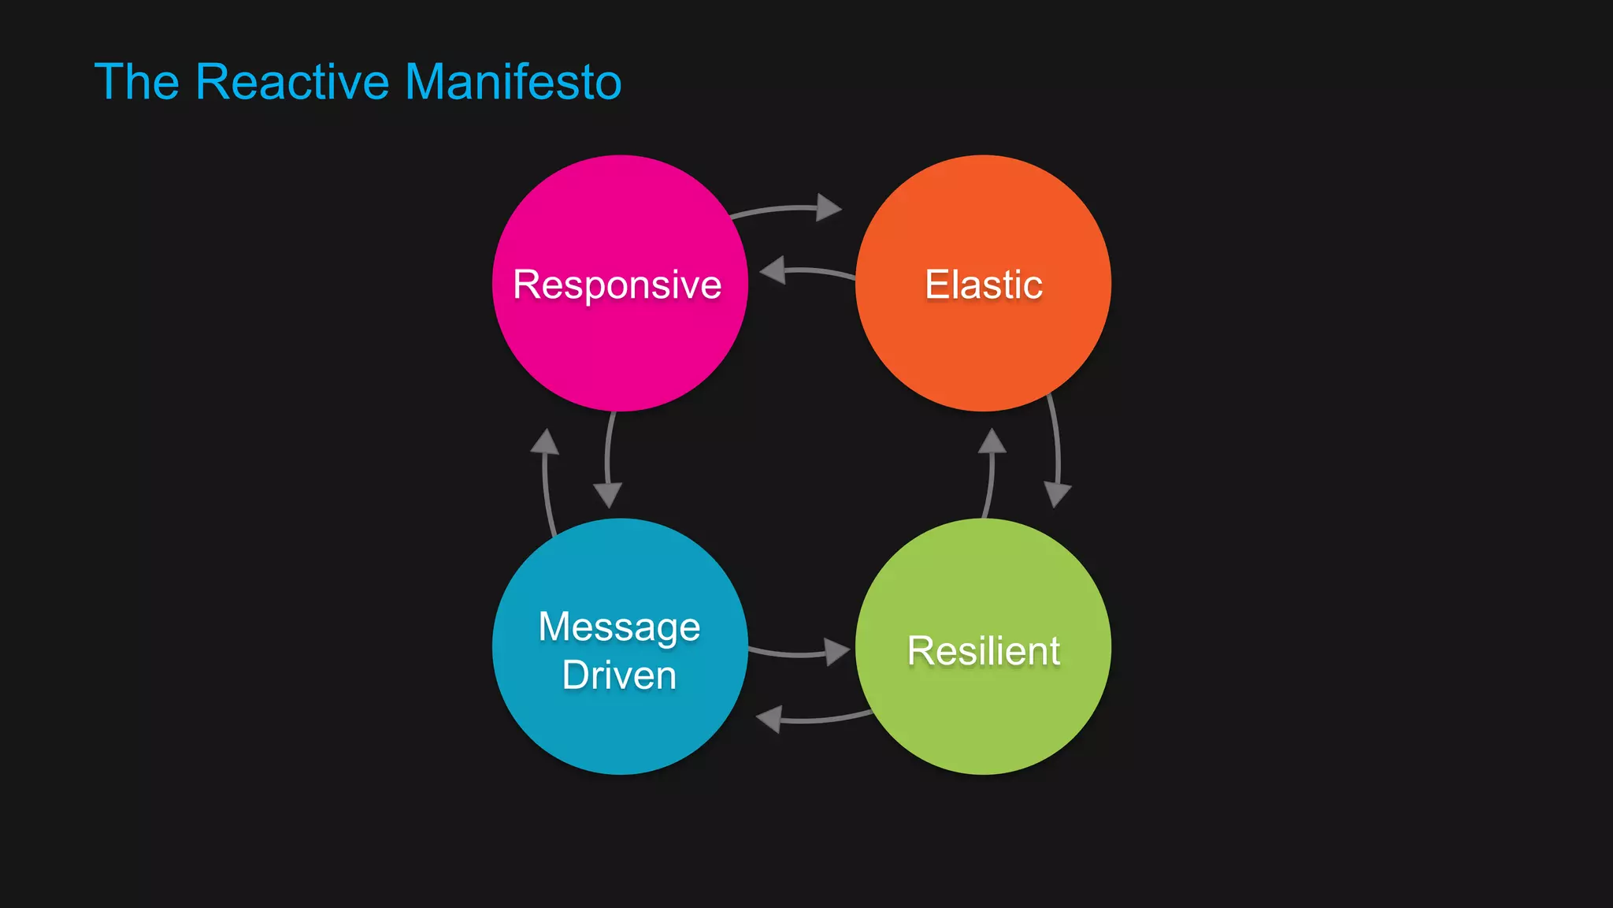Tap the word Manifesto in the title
[513, 82]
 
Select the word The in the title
[137, 82]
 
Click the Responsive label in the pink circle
[617, 285]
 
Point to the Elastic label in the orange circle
[984, 285]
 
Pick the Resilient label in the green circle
[984, 651]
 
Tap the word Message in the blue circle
[619, 627]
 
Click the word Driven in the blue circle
[619, 675]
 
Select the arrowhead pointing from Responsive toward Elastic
[829, 207]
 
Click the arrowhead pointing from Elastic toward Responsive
[773, 270]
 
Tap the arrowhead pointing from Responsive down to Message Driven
[607, 495]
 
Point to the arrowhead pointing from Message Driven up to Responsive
[544, 442]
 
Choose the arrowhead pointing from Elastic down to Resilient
[1057, 494]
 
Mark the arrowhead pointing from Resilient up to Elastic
[992, 441]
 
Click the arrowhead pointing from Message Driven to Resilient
[836, 651]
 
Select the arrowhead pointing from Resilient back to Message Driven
[769, 719]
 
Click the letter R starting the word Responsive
[526, 285]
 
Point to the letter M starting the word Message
[554, 627]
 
